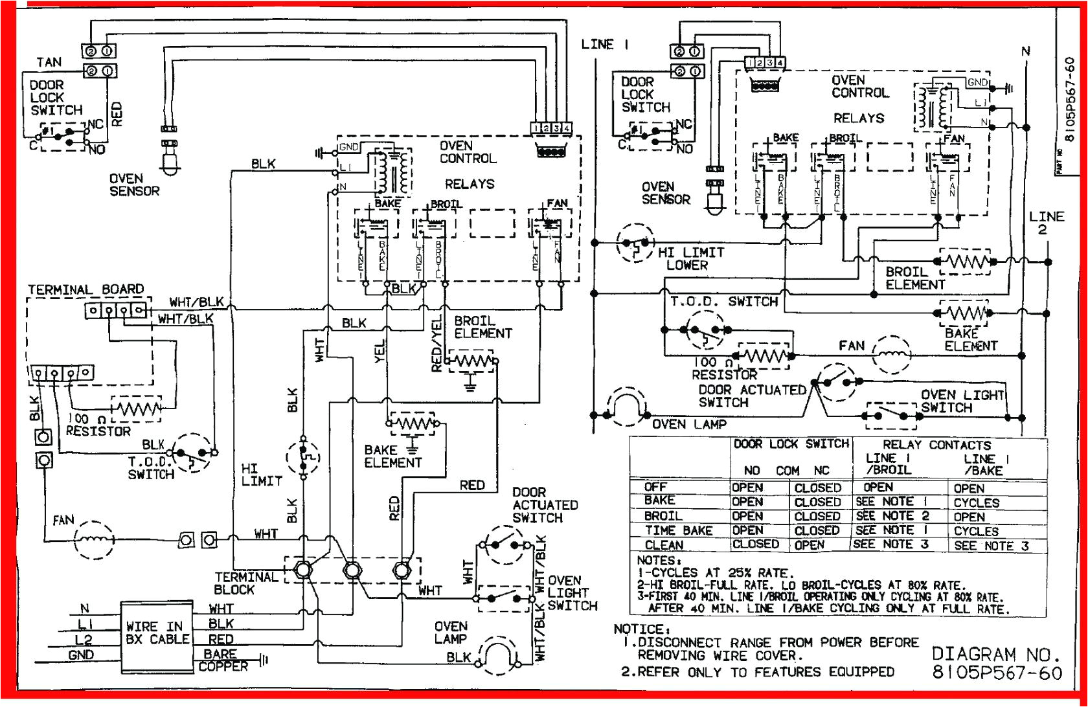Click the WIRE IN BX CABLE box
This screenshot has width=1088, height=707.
pos(157,632)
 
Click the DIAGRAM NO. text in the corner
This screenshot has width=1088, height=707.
pos(996,654)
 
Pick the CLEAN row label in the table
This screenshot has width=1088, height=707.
pos(664,545)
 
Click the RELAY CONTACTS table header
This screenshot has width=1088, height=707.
pos(936,445)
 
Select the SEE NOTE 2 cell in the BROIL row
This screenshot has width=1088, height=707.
pos(892,516)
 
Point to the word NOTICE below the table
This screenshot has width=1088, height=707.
pos(642,629)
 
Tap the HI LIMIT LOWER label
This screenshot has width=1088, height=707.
pos(690,258)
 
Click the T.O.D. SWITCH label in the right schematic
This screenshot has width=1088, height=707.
pos(723,302)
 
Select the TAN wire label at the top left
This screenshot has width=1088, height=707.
pos(49,62)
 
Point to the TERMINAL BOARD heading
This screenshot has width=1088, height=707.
pos(85,289)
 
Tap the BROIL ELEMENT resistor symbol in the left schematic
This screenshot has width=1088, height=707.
pos(473,361)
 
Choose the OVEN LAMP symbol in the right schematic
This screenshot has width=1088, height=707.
pos(626,407)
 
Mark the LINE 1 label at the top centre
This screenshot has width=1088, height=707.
pos(605,45)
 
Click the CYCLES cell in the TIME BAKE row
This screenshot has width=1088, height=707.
pos(976,531)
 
